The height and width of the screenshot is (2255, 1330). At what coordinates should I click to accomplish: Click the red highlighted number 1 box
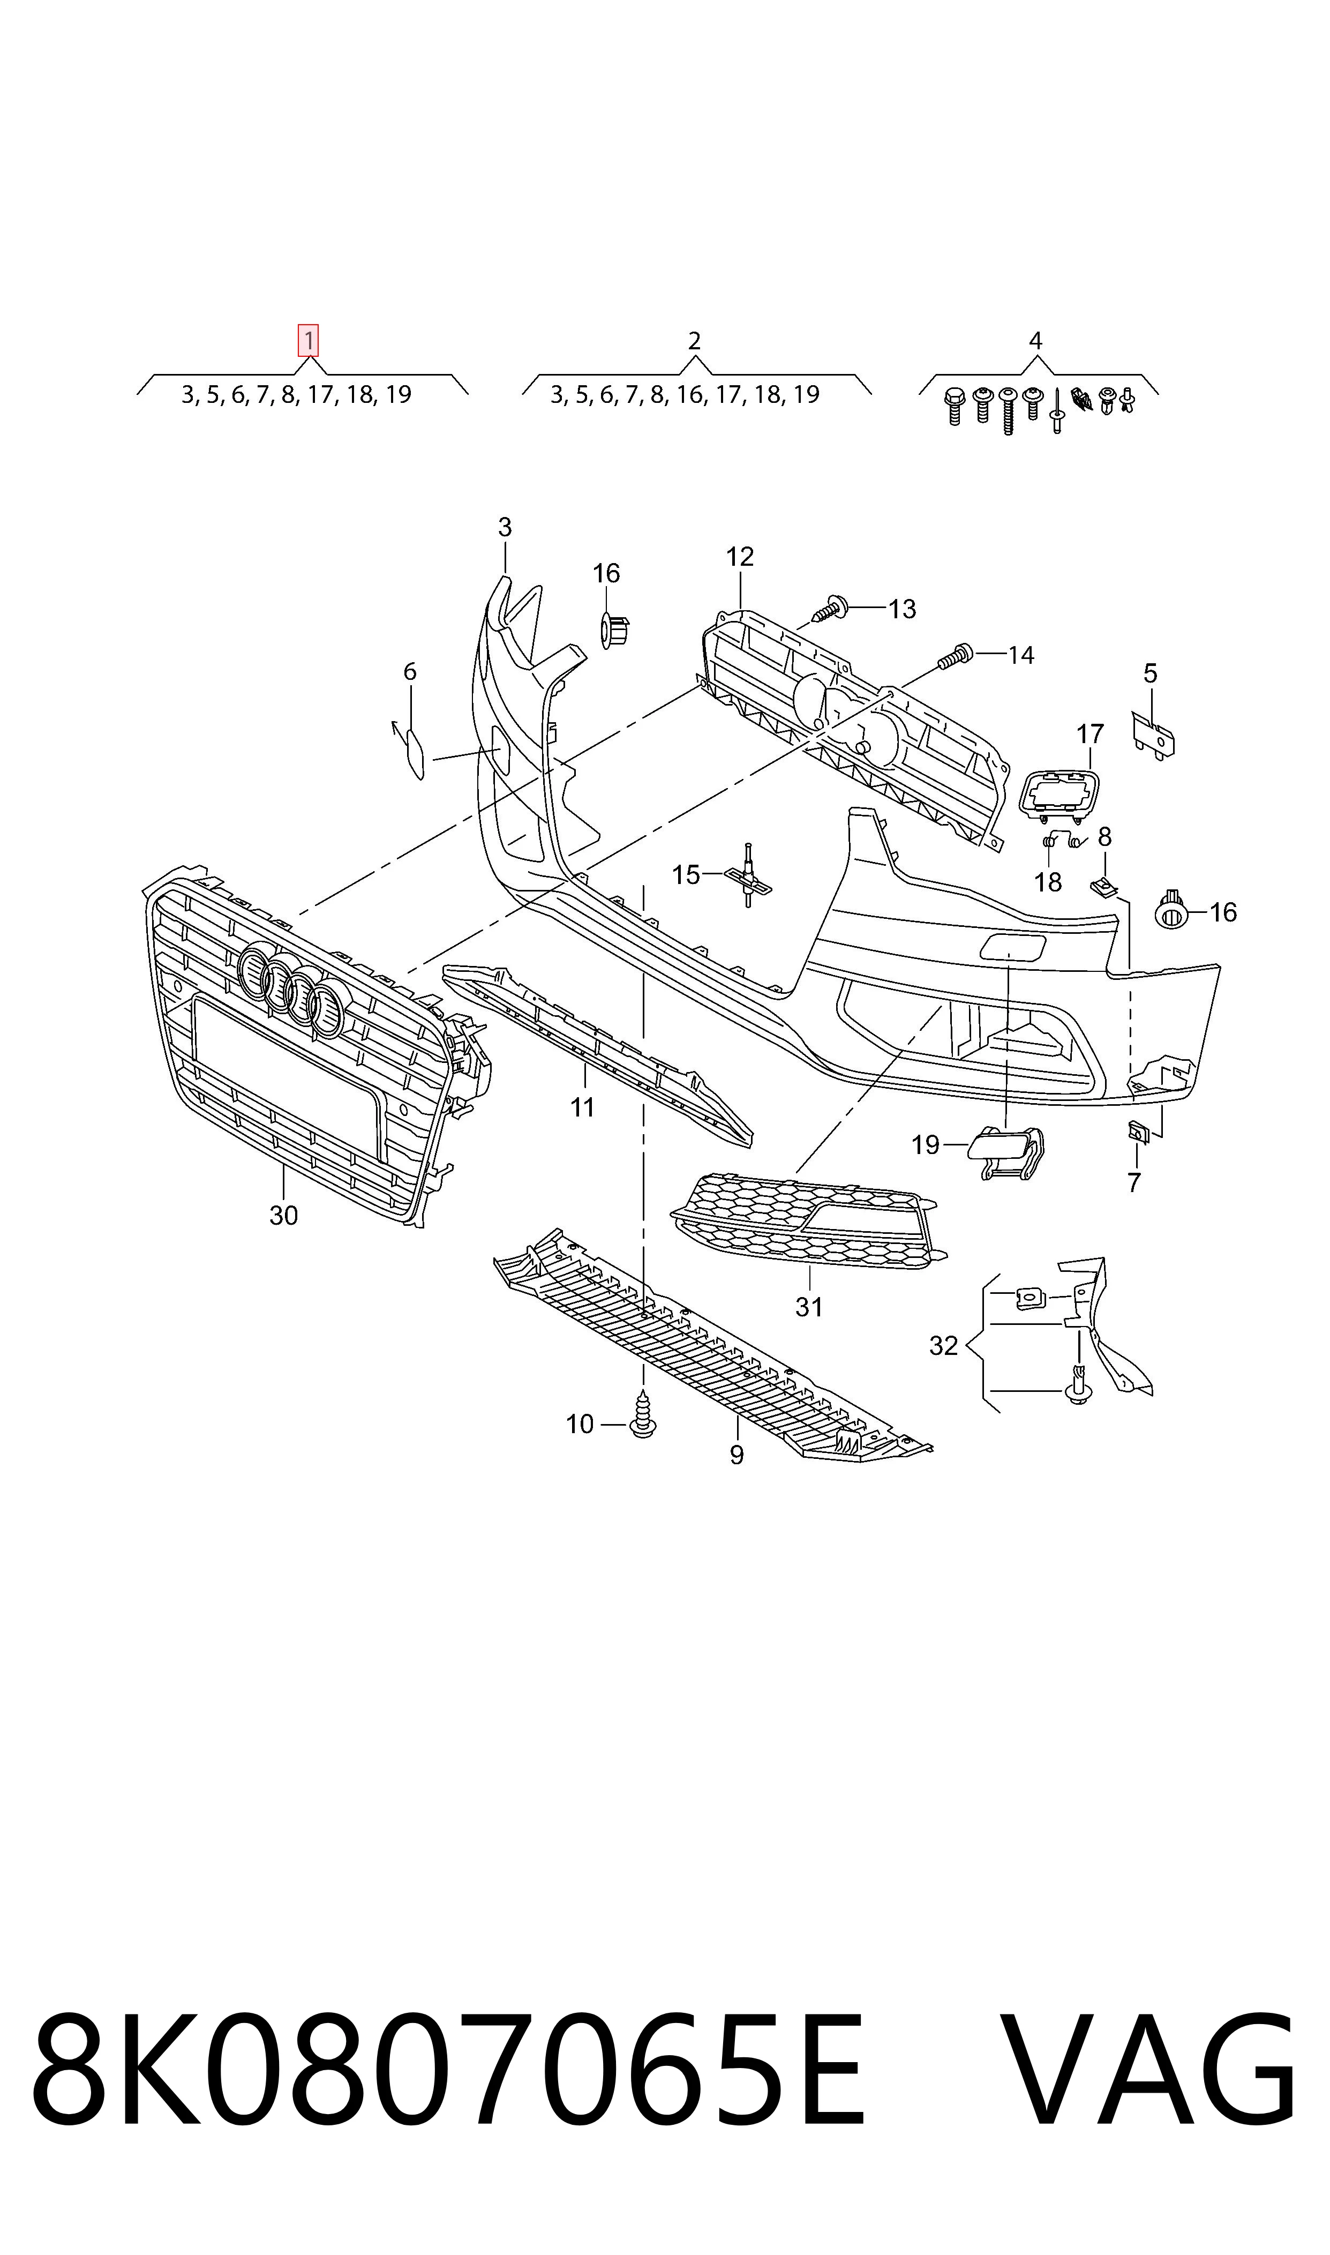(309, 341)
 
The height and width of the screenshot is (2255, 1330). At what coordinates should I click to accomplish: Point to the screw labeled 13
(831, 610)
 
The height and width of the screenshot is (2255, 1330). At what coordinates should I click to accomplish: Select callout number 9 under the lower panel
(737, 1455)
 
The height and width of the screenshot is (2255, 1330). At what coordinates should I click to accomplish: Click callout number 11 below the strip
(583, 1108)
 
